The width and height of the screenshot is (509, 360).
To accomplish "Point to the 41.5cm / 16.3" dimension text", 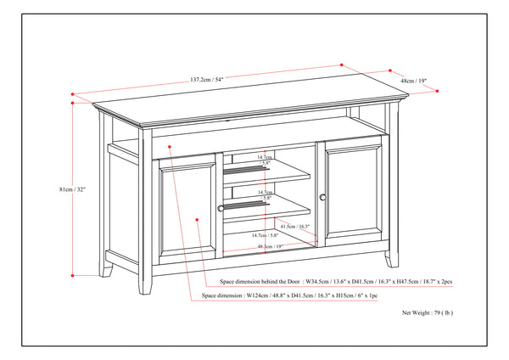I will point(294,227).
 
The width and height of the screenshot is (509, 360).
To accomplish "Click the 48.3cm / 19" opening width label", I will point(266,246).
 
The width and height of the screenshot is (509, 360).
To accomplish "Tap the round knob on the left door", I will point(221,207).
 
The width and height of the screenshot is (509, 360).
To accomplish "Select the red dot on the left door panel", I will point(197,220).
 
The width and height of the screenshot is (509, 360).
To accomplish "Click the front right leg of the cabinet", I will point(388,258).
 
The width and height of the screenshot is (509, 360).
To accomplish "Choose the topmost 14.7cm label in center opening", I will point(265,157).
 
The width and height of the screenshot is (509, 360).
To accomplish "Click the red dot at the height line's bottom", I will point(73,275).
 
